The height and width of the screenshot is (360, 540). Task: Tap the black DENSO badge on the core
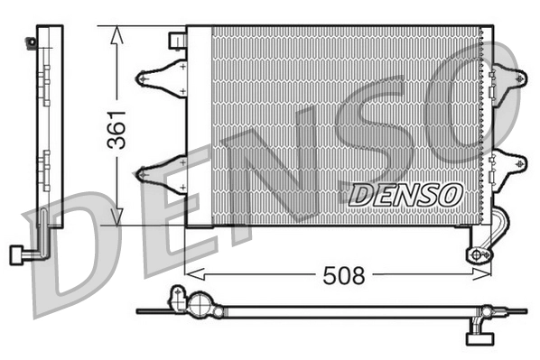pos(405,193)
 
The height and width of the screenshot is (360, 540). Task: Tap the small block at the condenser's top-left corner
pos(177,41)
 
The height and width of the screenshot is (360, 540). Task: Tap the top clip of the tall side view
pos(34,41)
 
